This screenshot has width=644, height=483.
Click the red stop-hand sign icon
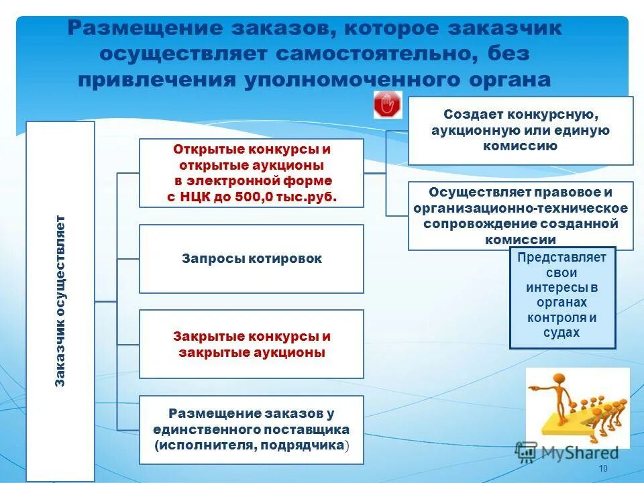387,105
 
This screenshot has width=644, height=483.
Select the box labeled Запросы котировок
252,259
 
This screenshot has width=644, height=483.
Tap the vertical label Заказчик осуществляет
60,301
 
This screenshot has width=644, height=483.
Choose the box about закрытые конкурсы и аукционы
252,344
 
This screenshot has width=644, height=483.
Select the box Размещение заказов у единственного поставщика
252,429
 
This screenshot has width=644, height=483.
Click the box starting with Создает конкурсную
521,131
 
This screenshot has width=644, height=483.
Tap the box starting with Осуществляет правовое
521,215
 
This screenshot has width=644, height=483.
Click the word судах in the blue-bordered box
562,333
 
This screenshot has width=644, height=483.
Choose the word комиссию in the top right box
521,146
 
